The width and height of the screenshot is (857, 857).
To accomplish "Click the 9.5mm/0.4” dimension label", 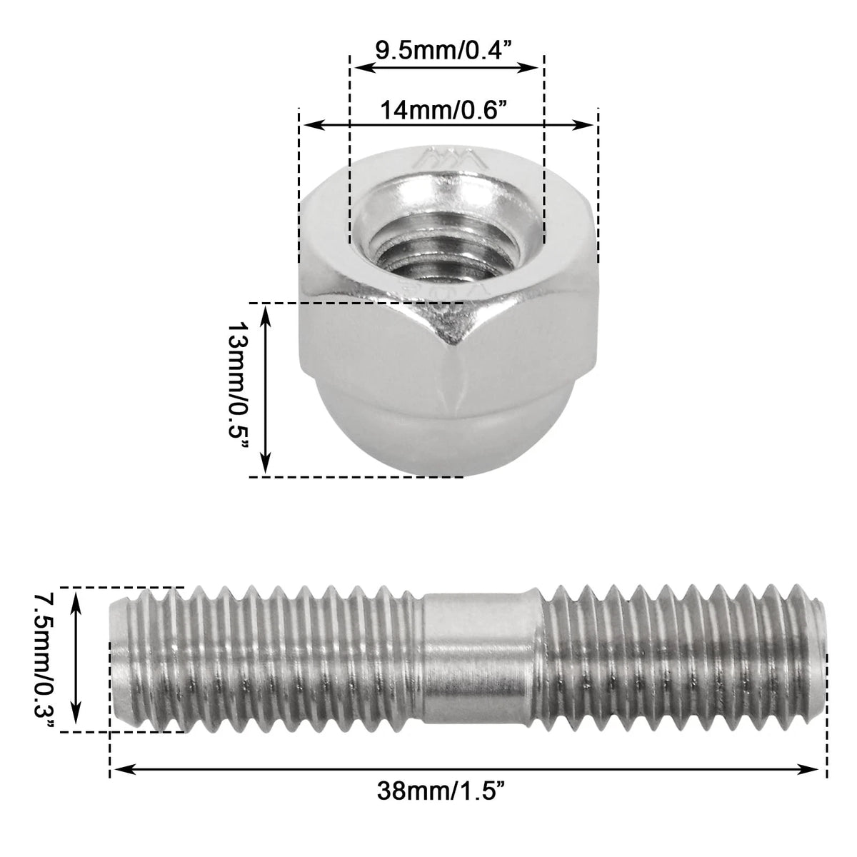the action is pos(441,50).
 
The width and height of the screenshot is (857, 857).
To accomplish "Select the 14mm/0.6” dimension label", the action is pos(443,110).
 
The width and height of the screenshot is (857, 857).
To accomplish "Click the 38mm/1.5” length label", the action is pos(441,803).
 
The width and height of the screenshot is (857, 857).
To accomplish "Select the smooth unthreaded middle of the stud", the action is pos(481,663).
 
